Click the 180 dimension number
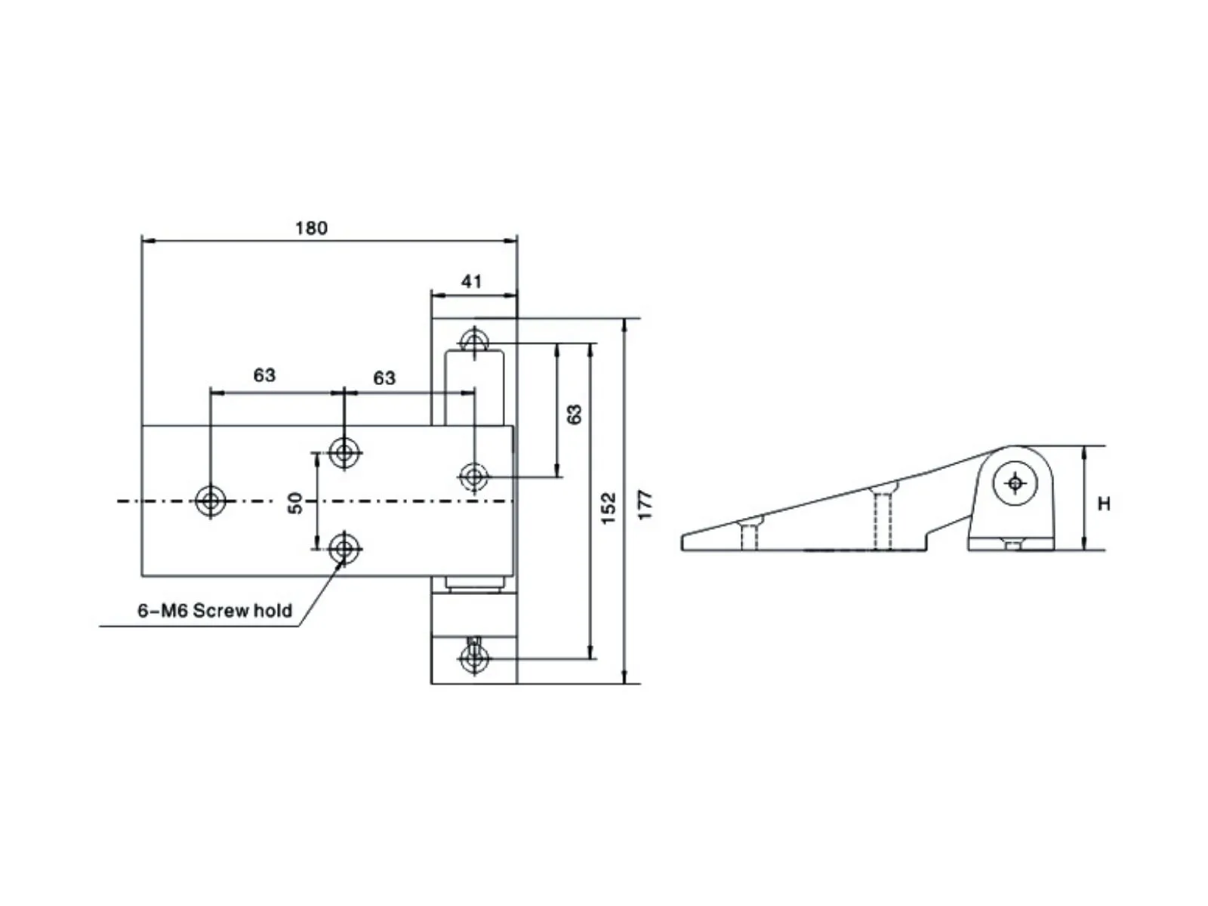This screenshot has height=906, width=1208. pyautogui.click(x=311, y=228)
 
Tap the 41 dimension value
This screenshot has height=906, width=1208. pyautogui.click(x=472, y=282)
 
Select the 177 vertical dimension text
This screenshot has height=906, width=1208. pyautogui.click(x=645, y=504)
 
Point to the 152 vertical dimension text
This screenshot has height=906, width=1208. pyautogui.click(x=608, y=507)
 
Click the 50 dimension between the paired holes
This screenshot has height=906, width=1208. pyautogui.click(x=295, y=503)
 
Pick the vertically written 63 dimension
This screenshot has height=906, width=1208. pyautogui.click(x=574, y=414)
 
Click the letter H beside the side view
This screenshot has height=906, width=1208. pyautogui.click(x=1104, y=504)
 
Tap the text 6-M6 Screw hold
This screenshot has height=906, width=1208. pyautogui.click(x=214, y=611)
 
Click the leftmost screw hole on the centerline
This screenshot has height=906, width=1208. pyautogui.click(x=210, y=501)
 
